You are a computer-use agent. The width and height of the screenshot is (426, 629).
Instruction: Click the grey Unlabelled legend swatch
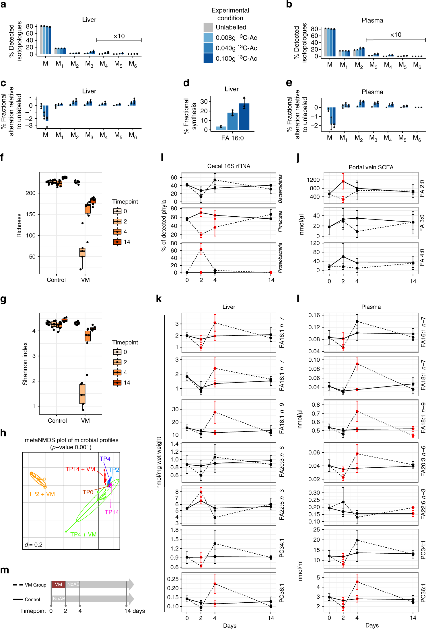(208, 27)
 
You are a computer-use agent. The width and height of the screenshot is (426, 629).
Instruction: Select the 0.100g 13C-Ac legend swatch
(208, 58)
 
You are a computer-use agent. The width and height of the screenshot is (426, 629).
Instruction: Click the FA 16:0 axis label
(232, 138)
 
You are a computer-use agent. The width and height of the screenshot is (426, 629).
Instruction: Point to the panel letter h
(3, 433)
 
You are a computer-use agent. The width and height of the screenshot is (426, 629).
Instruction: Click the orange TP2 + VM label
(42, 494)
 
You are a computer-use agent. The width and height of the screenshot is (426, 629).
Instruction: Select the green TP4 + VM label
(83, 534)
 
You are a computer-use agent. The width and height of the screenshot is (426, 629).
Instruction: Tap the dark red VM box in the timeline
(58, 584)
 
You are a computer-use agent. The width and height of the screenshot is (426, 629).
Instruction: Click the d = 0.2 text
(34, 544)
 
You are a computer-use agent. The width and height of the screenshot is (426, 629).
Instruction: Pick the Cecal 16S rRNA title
(229, 166)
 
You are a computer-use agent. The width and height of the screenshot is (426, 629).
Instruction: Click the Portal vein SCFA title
(371, 167)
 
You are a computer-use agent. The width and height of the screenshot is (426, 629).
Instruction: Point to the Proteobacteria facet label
(280, 258)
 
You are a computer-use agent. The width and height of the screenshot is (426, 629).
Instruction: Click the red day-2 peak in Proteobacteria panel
(201, 249)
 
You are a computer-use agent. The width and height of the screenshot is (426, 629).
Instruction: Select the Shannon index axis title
(25, 363)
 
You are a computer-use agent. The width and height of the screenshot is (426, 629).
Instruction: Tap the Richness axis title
(19, 226)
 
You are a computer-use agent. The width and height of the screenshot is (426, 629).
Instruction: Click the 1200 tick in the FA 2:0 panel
(313, 180)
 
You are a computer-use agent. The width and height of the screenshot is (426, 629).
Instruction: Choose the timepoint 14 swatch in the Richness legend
(117, 242)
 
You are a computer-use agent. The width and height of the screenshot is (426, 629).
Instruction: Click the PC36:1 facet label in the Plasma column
(423, 593)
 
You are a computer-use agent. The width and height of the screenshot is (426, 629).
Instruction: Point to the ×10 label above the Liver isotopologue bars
(119, 36)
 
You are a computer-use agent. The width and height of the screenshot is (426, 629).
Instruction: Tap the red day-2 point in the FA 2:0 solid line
(343, 181)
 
